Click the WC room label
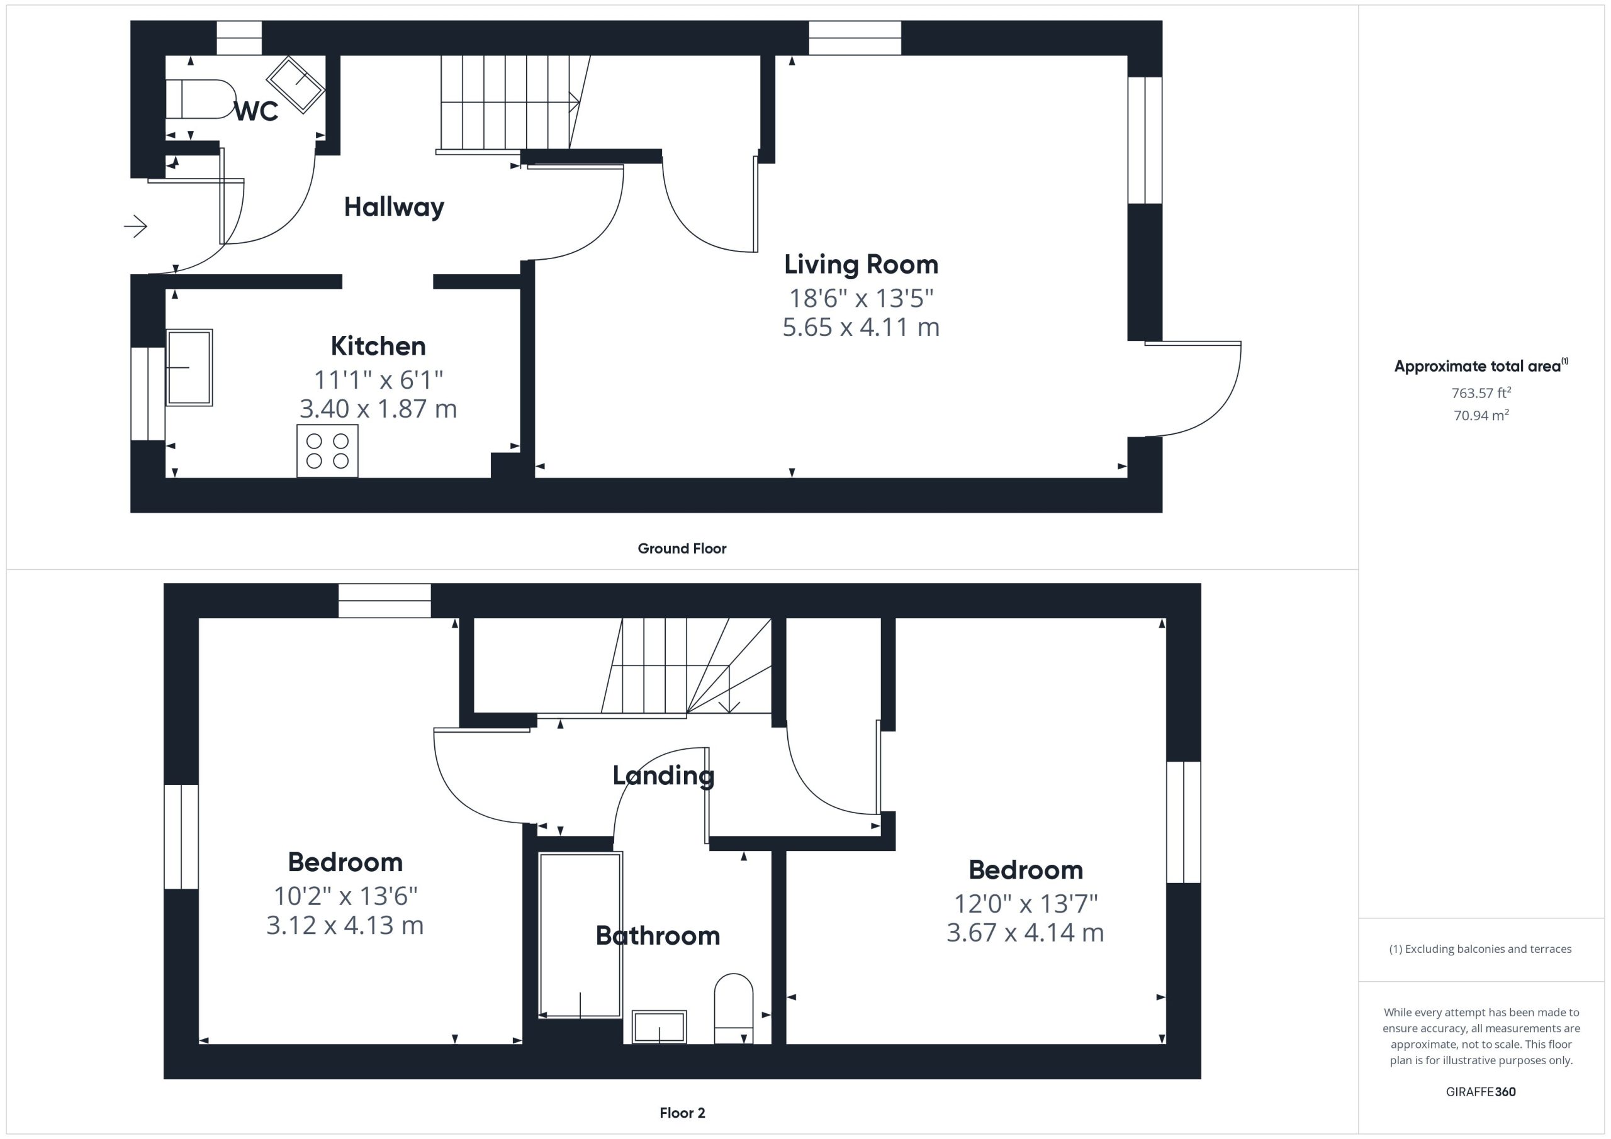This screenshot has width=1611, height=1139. pos(256,111)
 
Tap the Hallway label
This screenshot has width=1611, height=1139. pos(395,207)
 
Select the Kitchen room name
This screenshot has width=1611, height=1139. pos(378,346)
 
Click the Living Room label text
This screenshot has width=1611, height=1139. pos(861,264)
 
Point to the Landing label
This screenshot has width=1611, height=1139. pos(663,775)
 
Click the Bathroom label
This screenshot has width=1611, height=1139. pos(658,936)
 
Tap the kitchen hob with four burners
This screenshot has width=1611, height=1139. pos(328,451)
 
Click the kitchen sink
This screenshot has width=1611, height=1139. pos(189,367)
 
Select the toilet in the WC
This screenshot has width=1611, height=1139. pos(201,99)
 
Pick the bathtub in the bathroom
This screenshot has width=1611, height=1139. pos(580,935)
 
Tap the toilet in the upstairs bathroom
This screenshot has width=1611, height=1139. pos(733,1009)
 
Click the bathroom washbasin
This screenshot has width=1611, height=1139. pos(659,1027)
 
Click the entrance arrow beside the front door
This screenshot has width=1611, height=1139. pos(135,226)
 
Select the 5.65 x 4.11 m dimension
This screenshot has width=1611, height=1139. pos(861,327)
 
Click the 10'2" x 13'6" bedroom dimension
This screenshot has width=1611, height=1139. pos(345,896)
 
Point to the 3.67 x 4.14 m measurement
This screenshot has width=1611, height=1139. pos(1025,933)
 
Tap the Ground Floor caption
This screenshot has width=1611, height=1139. pos(682,548)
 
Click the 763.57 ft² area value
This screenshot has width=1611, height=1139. pos(1481,392)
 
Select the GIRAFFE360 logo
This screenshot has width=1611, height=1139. pos(1481,1092)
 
